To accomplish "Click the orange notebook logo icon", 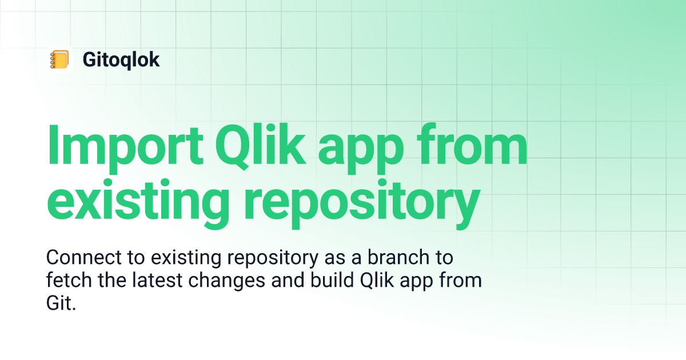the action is (x=59, y=59).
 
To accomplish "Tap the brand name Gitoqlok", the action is (x=121, y=59).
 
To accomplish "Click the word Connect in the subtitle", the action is (x=84, y=257).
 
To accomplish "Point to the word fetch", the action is (x=69, y=280).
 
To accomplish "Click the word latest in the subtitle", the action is (x=157, y=280).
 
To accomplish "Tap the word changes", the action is (x=226, y=282).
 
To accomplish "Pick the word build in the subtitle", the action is (x=332, y=280).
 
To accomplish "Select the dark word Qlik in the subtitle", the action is (x=377, y=281).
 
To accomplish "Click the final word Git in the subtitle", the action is (x=61, y=303).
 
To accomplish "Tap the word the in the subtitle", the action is (x=112, y=280).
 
